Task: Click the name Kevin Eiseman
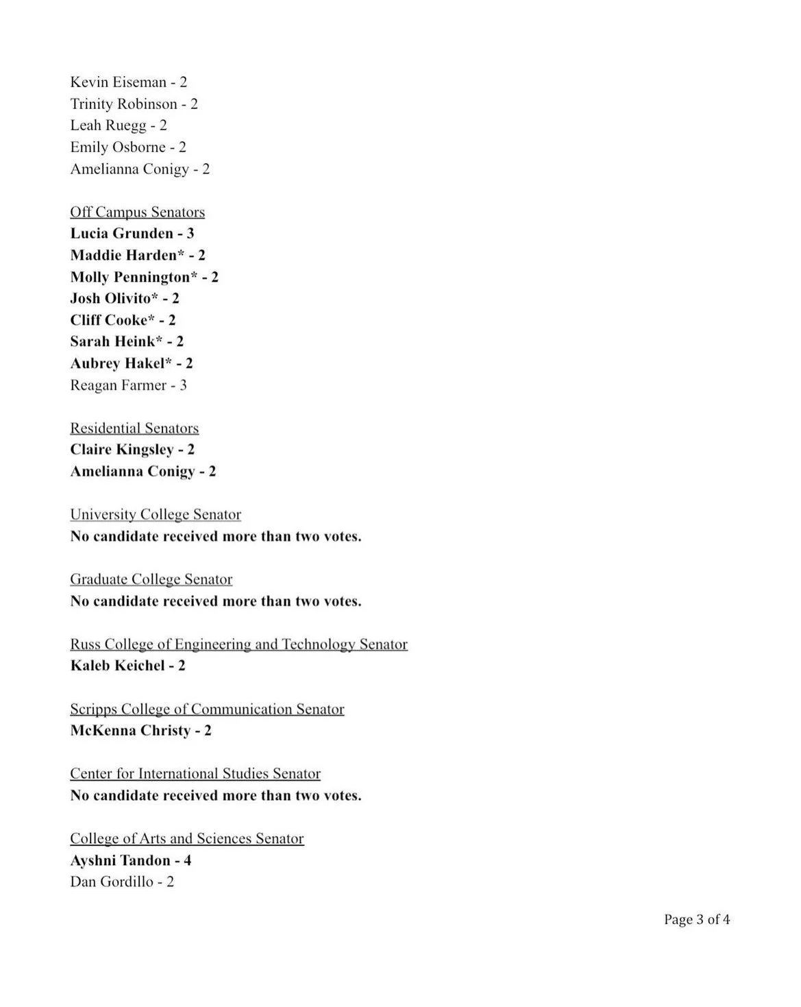tap(118, 82)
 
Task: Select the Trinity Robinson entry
tap(123, 104)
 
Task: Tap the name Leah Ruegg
tap(108, 125)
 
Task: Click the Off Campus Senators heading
tap(137, 212)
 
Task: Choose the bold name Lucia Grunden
tap(121, 234)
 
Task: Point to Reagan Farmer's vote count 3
tap(183, 385)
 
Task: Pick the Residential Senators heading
tap(134, 428)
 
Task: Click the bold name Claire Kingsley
tap(122, 450)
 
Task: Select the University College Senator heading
tap(156, 515)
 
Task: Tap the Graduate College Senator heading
tap(151, 579)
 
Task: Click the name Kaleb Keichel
tap(117, 666)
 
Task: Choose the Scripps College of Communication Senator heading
tap(207, 709)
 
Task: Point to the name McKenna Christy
tap(130, 731)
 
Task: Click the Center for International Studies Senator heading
tap(195, 774)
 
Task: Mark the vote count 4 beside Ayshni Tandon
tap(188, 860)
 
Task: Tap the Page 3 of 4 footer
tap(696, 919)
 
